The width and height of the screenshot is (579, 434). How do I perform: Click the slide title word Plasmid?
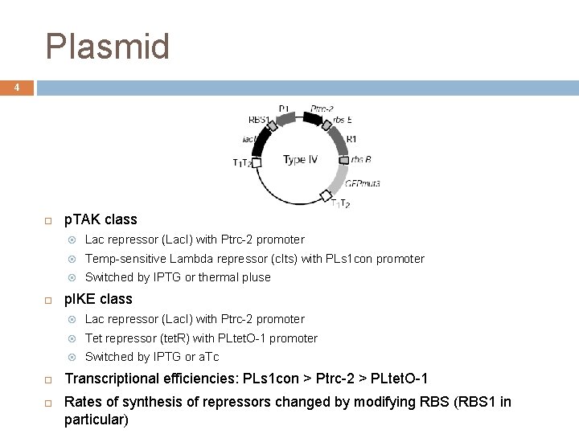pyautogui.click(x=108, y=47)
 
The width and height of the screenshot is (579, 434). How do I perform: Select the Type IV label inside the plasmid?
pyautogui.click(x=300, y=159)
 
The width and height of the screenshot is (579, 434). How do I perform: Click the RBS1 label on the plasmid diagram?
pyautogui.click(x=259, y=120)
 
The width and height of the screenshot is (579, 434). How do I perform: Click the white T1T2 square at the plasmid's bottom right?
pyautogui.click(x=326, y=195)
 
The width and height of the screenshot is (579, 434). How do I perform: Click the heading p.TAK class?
pyautogui.click(x=101, y=219)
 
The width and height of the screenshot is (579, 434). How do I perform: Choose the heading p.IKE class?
pyautogui.click(x=98, y=299)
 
